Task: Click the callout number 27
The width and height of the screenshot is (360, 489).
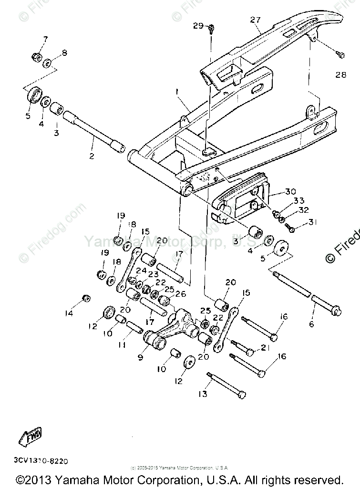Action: pos(256,20)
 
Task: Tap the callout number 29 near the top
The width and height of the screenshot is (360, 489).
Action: pos(198,26)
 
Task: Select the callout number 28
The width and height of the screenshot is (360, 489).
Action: pos(340,75)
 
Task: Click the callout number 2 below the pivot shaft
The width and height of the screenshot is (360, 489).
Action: pos(92,156)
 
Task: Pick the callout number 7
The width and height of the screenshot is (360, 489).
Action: pos(46,39)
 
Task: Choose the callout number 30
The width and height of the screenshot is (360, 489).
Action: pos(290,192)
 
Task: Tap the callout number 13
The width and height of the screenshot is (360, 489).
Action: pos(204,394)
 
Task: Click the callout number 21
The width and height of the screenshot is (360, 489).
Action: pos(265,348)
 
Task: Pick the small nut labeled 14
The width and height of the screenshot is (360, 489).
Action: pos(86,299)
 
